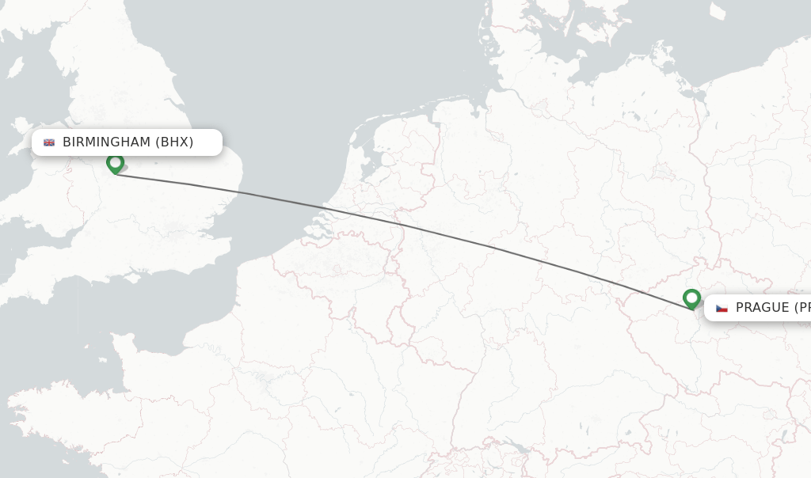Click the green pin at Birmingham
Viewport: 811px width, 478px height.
click(116, 163)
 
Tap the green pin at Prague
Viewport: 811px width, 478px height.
click(691, 298)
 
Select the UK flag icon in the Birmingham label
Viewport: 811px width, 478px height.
click(49, 142)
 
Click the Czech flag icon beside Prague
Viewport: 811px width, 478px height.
click(722, 308)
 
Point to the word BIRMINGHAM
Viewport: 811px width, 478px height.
click(106, 142)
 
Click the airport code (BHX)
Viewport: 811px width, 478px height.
click(174, 142)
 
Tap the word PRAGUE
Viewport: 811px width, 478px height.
click(762, 308)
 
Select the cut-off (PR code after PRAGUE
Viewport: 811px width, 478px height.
click(801, 308)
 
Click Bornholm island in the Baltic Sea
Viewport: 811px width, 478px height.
click(718, 11)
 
